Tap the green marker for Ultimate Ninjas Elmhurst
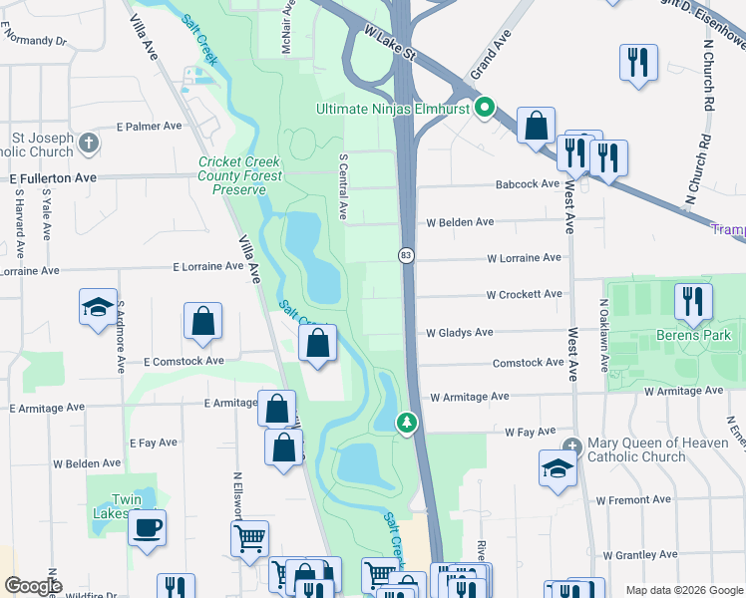(x=485, y=108)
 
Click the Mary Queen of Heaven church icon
(x=570, y=446)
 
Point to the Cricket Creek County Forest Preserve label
(x=239, y=175)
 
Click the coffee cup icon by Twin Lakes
(x=148, y=527)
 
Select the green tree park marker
(x=407, y=423)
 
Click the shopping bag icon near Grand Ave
(x=536, y=126)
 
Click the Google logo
(x=33, y=585)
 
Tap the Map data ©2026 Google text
(x=683, y=590)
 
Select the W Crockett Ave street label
(x=524, y=295)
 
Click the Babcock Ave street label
(x=529, y=184)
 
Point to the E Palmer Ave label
(x=149, y=127)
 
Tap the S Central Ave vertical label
(x=343, y=185)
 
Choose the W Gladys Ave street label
(x=460, y=333)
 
